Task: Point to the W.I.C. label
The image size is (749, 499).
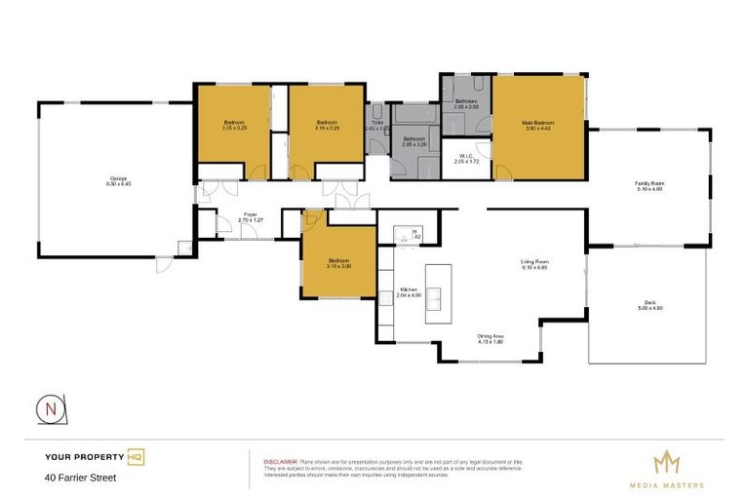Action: point(466,158)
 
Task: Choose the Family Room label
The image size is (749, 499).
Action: point(649,185)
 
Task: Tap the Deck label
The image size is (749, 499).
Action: point(650,305)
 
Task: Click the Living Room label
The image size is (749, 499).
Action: point(534,264)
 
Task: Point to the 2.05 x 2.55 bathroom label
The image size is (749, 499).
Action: point(466,104)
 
